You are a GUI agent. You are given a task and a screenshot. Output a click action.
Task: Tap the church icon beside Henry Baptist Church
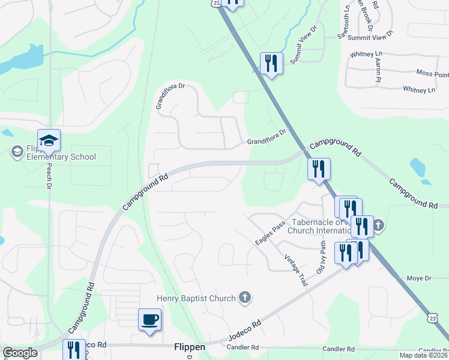point(244,296)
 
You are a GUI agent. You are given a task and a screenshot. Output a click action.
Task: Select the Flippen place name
point(190,347)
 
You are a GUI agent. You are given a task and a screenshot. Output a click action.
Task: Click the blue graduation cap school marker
point(49,141)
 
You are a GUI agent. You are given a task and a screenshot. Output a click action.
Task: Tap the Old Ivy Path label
point(322,256)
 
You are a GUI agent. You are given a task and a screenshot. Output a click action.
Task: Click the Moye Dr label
point(419,278)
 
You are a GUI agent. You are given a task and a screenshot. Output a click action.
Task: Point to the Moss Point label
point(432,74)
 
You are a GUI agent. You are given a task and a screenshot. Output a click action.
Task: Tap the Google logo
point(20,353)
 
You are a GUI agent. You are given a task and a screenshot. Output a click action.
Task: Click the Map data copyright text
point(424,355)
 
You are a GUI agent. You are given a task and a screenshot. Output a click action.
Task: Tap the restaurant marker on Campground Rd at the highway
point(319,169)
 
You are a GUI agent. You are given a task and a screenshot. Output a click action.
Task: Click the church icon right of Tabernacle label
point(378,226)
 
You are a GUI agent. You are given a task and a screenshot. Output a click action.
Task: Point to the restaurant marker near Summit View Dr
point(271,64)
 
